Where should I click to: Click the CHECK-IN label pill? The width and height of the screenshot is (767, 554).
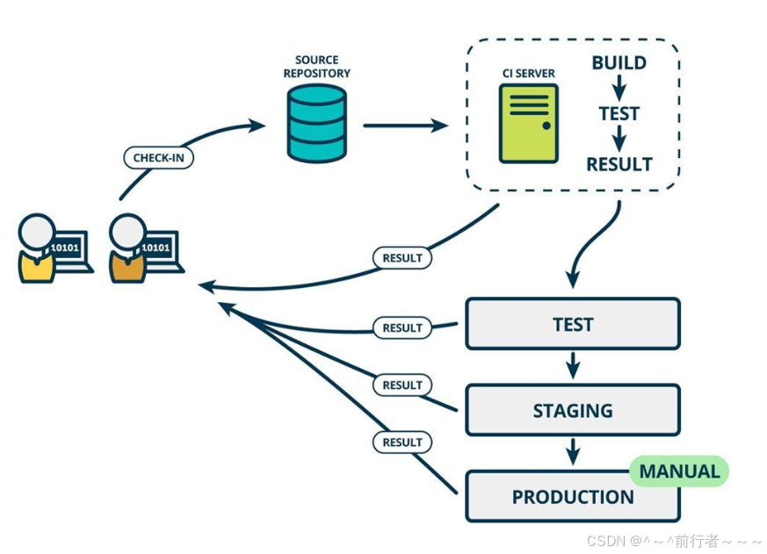[158, 158]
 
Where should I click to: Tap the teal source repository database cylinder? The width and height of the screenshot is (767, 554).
[317, 123]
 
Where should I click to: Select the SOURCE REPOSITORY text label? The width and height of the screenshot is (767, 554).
[317, 67]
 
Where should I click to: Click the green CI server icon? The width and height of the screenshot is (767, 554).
[528, 123]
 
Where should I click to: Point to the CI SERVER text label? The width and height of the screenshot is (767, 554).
[528, 74]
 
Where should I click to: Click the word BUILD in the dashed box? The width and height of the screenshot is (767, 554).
[619, 62]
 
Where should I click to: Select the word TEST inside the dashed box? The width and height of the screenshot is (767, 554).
[619, 113]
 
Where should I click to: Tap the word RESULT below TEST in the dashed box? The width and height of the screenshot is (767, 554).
[619, 164]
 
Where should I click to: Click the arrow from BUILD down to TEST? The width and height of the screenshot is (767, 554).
[619, 88]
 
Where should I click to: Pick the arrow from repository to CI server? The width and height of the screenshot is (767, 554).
[405, 126]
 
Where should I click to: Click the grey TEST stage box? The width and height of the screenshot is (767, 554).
[573, 324]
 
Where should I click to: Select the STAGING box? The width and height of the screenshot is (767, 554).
[573, 410]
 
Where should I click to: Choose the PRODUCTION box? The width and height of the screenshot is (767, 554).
[573, 496]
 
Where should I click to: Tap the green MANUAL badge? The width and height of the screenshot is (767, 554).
[679, 471]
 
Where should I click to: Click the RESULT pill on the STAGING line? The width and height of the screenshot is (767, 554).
[402, 385]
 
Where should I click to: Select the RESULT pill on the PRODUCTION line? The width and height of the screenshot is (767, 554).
[402, 442]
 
